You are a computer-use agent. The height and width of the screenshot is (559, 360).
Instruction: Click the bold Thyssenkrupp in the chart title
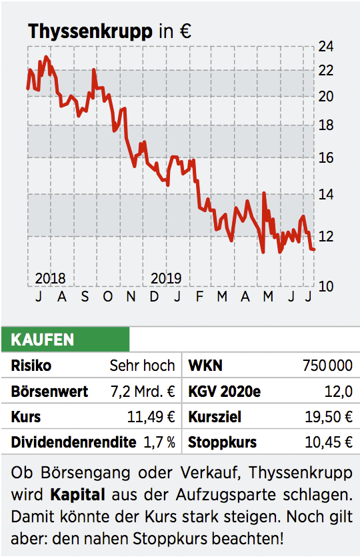pos(89,31)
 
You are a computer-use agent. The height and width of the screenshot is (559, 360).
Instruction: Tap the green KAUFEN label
pos(42,340)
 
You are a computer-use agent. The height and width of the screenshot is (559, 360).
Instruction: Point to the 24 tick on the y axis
pos(326,47)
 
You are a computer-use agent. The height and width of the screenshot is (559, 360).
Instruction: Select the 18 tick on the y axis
pos(326,125)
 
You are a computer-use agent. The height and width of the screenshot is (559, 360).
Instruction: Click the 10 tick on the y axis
pos(326,286)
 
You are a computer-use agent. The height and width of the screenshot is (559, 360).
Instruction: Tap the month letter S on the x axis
pos(85,296)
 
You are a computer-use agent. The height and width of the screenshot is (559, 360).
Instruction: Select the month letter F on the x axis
pos(199,296)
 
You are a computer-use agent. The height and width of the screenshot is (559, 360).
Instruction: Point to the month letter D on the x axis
pos(154,296)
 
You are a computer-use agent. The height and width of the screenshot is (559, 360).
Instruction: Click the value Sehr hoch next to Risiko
pos(142,366)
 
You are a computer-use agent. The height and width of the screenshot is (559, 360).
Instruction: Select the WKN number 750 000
pos(327,366)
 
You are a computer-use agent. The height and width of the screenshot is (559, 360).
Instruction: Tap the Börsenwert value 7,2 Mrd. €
pos(143,392)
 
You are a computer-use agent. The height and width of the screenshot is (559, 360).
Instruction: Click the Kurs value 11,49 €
pos(151,417)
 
